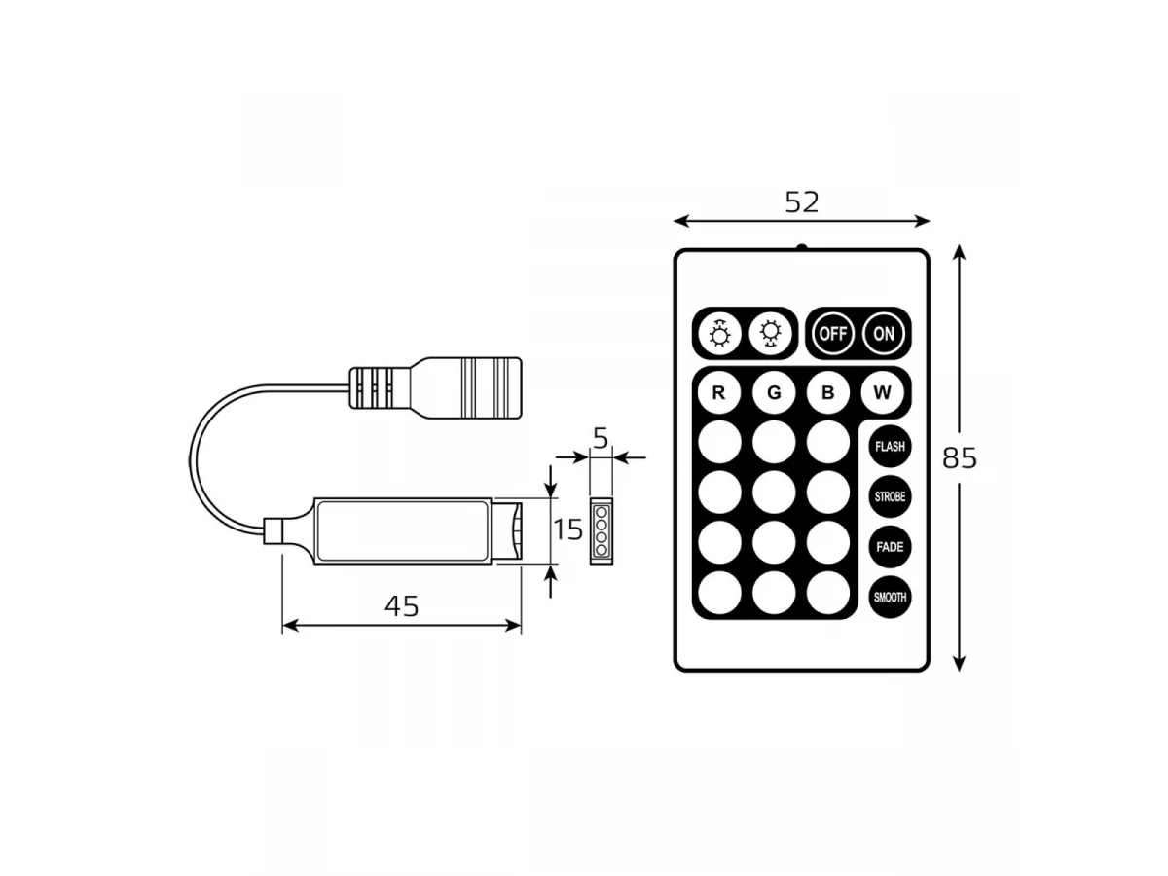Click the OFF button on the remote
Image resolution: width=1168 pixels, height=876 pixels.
(833, 334)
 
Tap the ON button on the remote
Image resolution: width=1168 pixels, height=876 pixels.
(884, 334)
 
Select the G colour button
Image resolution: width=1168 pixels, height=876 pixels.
(774, 392)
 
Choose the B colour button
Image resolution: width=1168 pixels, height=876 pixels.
(827, 392)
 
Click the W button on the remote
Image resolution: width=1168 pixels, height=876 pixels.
(882, 392)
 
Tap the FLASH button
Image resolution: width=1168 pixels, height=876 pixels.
(890, 446)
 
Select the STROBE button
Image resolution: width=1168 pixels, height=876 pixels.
(890, 496)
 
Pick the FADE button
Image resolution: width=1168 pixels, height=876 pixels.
(890, 547)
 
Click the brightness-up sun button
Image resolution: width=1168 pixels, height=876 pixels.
(719, 334)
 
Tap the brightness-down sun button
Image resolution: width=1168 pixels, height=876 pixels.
(770, 334)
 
